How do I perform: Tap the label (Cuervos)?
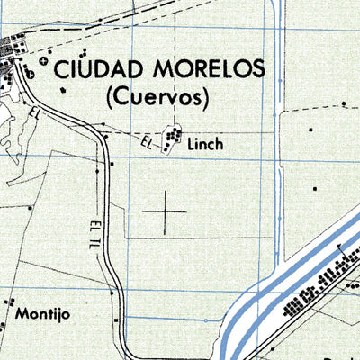click(x=157, y=94)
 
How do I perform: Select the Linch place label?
click(x=205, y=143)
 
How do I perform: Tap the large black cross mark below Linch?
click(x=165, y=213)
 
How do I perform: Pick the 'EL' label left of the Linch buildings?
click(x=147, y=141)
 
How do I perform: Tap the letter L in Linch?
click(x=191, y=143)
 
